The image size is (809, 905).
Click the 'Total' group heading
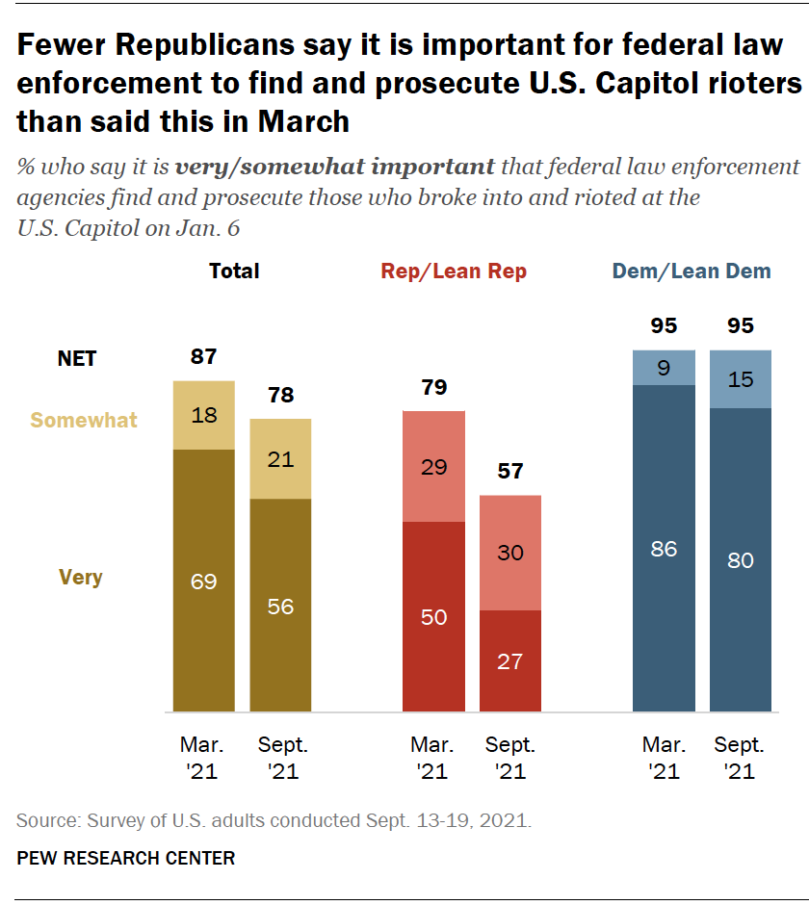click(x=234, y=271)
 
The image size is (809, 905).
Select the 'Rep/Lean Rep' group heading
click(x=454, y=271)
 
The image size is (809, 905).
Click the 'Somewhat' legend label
click(x=84, y=420)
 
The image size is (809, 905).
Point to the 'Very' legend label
click(x=80, y=578)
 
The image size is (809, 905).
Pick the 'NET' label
click(x=77, y=358)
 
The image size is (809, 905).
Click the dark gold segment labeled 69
click(x=203, y=581)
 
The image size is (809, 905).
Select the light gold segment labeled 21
click(x=280, y=459)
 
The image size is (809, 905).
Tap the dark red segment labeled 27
click(x=509, y=660)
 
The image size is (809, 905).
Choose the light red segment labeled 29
click(x=433, y=466)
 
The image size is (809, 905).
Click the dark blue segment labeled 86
click(x=664, y=549)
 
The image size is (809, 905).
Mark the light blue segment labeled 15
click(x=740, y=379)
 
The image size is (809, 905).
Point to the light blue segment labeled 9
click(x=664, y=367)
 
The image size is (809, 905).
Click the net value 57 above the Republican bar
click(x=509, y=473)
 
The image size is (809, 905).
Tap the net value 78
click(x=280, y=396)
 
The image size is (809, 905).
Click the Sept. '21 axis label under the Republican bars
click(x=509, y=758)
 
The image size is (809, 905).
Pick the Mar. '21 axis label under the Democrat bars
click(x=664, y=758)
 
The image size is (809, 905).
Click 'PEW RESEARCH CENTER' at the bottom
click(x=126, y=857)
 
